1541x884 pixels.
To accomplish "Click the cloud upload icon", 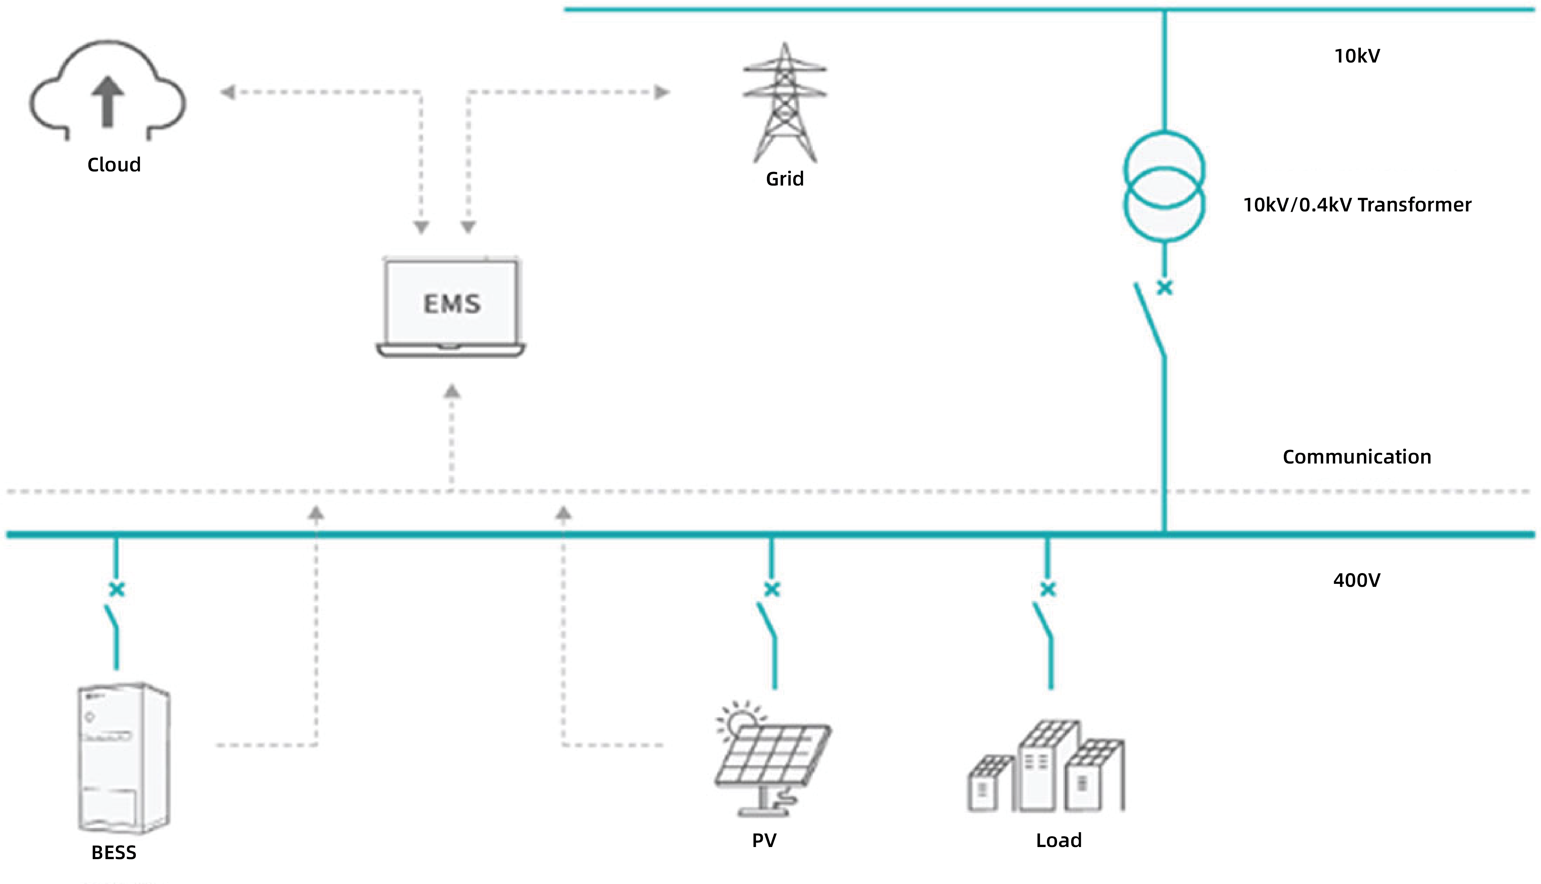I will pos(108,91).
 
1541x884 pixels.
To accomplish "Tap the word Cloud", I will pos(114,165).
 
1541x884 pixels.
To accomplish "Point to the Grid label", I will pos(785,179).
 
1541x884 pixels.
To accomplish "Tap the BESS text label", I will pos(114,852).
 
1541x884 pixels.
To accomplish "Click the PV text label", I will pos(764,840).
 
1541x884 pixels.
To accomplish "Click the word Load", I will pos(1058,840).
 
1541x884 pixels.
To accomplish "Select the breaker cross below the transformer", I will pos(1164,288).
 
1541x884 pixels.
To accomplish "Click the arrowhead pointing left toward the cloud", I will pos(227,92).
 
